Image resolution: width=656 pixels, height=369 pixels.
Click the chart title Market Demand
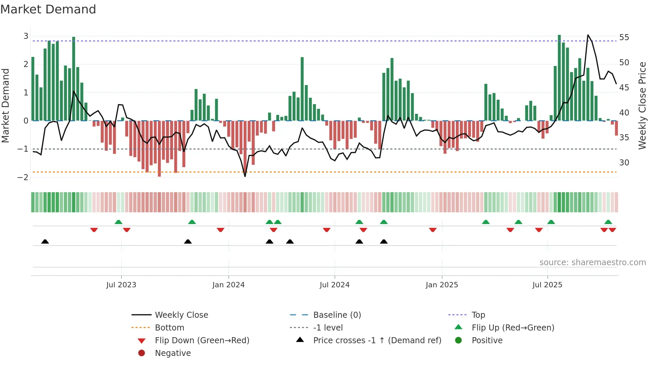48,9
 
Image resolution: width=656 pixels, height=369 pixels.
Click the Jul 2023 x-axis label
121,285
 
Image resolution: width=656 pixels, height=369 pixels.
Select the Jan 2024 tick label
228,285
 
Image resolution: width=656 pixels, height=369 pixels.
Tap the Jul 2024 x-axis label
334,285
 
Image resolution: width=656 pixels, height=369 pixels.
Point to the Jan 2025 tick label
441,285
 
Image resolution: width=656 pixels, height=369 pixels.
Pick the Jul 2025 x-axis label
547,285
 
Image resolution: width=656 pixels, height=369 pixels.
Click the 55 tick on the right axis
624,37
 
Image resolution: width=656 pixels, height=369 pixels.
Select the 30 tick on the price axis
624,163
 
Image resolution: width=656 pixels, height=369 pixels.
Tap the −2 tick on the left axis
23,177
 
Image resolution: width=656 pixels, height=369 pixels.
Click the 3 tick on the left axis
26,36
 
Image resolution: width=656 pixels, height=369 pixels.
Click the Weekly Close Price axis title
642,105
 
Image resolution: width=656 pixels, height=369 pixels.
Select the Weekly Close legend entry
181,315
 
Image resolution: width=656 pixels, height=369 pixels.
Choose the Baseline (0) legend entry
337,315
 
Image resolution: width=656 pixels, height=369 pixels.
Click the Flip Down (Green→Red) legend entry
202,341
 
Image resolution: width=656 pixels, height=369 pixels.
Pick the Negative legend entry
173,353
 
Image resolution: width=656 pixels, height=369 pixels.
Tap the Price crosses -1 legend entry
377,341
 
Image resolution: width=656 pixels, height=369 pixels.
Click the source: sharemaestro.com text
592,263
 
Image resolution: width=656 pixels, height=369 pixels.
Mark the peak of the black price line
588,35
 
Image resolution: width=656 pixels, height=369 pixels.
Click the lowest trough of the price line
245,176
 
